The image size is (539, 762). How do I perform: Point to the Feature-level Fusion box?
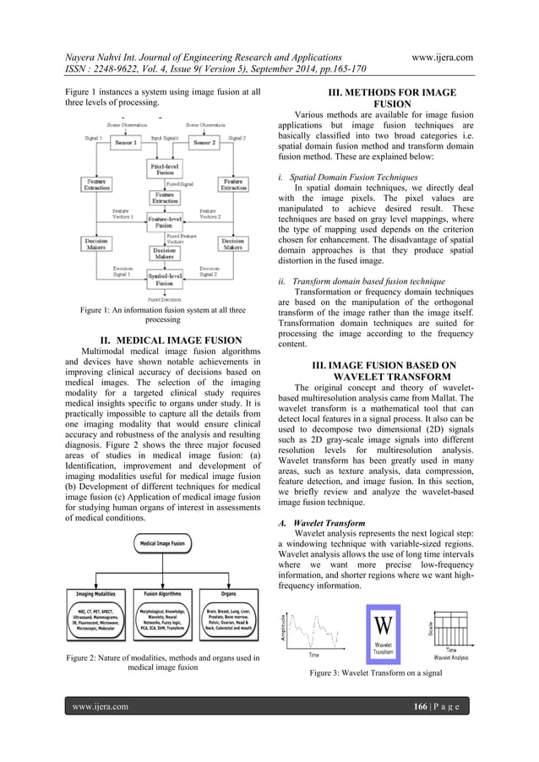(163, 222)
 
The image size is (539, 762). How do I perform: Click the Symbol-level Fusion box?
(163, 280)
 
